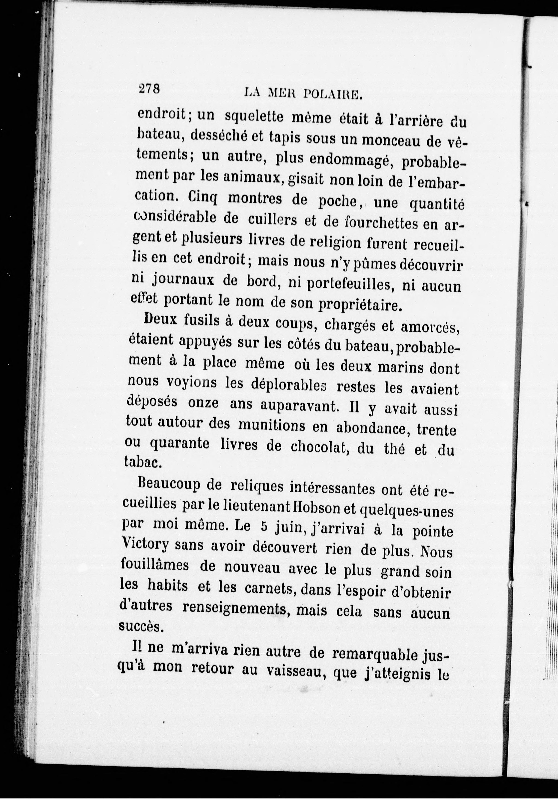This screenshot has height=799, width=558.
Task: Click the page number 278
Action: pyautogui.click(x=149, y=89)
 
